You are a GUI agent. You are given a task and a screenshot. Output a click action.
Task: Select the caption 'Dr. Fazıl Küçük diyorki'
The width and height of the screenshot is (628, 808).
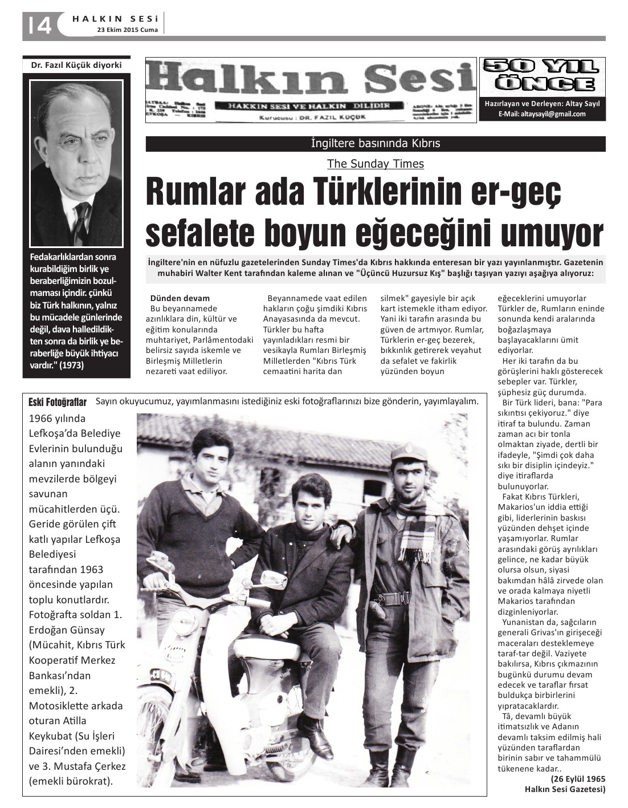76,65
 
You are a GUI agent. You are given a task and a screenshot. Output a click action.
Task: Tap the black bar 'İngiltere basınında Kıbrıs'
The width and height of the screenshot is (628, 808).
376,144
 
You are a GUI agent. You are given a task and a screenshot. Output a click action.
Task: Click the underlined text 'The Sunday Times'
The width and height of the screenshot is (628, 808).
376,164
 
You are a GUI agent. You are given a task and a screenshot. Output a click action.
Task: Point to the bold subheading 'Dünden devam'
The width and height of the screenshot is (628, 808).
180,298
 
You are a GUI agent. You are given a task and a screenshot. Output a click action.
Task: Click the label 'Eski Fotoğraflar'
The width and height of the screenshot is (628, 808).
58,403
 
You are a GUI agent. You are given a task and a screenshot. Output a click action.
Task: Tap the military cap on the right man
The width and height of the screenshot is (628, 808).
408,454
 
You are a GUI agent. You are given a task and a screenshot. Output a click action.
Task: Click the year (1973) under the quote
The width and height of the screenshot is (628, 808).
70,366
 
